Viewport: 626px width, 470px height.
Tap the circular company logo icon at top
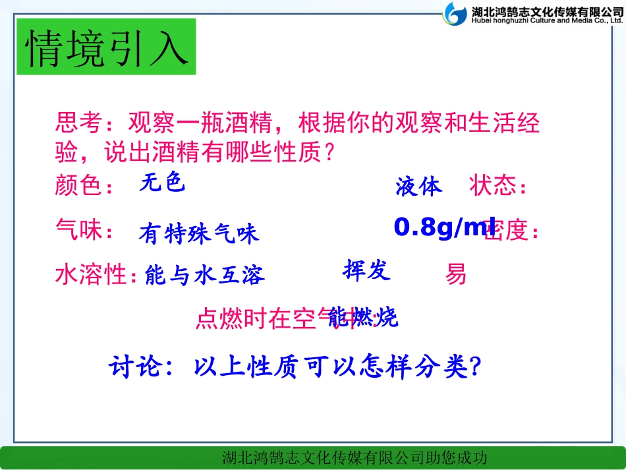pos(455,13)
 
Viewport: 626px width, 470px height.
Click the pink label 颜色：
pos(84,186)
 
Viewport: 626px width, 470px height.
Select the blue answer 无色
pos(162,182)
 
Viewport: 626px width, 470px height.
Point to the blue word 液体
pos(419,187)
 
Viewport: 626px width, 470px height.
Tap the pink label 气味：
pos(84,231)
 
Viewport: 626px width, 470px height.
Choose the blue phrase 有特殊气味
pos(199,233)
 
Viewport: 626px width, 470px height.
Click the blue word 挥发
pos(366,270)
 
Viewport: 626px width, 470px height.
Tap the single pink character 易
pos(456,274)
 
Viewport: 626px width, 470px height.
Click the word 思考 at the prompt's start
pos(78,123)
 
